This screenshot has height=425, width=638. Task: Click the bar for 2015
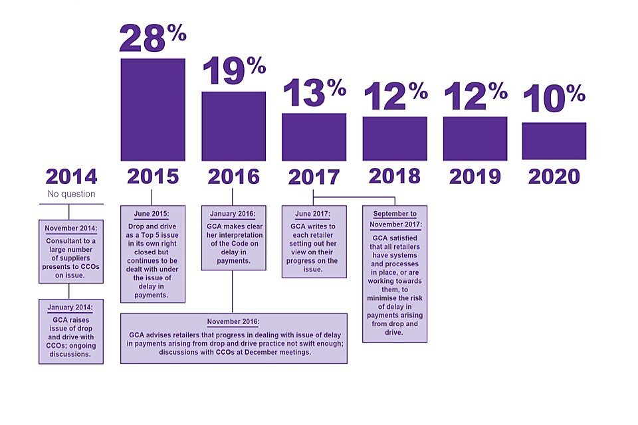[153, 110]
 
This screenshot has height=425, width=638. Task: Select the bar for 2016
[233, 126]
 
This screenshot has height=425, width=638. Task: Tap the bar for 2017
[314, 137]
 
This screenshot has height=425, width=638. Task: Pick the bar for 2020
[554, 141]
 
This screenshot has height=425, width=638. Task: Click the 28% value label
[152, 39]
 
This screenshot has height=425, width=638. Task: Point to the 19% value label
[233, 71]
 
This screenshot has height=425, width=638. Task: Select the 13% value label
[314, 93]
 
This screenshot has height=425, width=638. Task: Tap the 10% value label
[554, 100]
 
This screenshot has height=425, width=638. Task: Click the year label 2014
[71, 177]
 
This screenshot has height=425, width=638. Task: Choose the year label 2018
[394, 176]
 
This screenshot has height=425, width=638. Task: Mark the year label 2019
[475, 176]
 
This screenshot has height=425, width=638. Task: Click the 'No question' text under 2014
[71, 195]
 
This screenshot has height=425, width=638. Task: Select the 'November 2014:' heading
[71, 228]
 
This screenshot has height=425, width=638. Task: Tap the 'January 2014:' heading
[71, 307]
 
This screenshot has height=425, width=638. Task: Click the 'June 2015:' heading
[152, 214]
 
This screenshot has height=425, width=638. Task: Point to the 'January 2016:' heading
[233, 214]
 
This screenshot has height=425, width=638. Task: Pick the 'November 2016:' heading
[233, 321]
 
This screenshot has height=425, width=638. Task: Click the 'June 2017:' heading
[314, 214]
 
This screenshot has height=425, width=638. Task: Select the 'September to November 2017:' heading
[395, 218]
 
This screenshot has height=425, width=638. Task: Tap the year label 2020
[554, 176]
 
